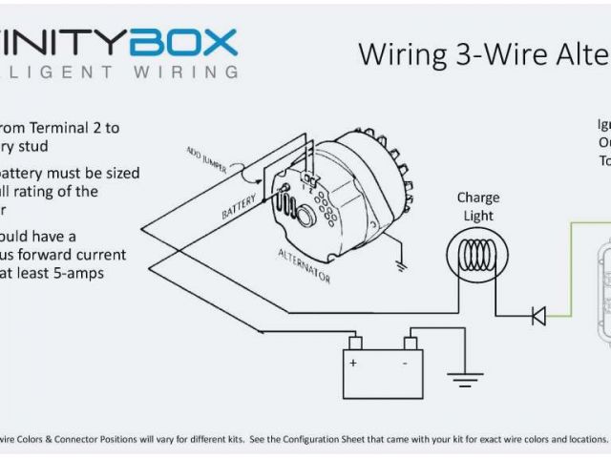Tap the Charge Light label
pyautogui.click(x=477, y=207)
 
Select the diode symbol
pyautogui.click(x=538, y=316)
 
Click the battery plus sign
pyautogui.click(x=353, y=364)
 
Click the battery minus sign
pyautogui.click(x=407, y=364)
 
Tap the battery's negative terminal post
pyautogui.click(x=411, y=343)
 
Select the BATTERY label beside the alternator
pyautogui.click(x=240, y=203)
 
